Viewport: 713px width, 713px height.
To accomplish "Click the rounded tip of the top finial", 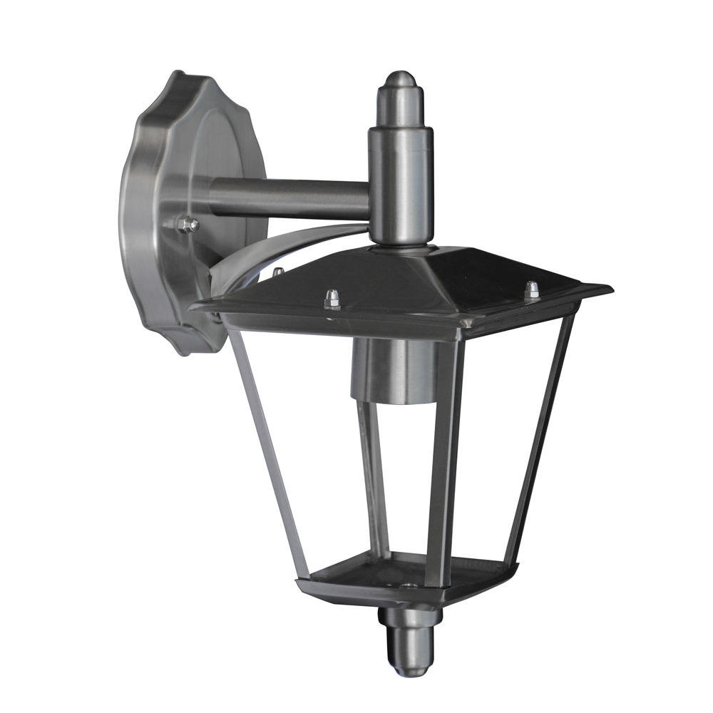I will point(400,80).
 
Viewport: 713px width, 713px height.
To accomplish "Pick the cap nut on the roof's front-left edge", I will point(332,299).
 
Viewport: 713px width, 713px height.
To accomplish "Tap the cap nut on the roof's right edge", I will point(532,289).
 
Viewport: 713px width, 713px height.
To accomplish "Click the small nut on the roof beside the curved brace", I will point(278,272).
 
